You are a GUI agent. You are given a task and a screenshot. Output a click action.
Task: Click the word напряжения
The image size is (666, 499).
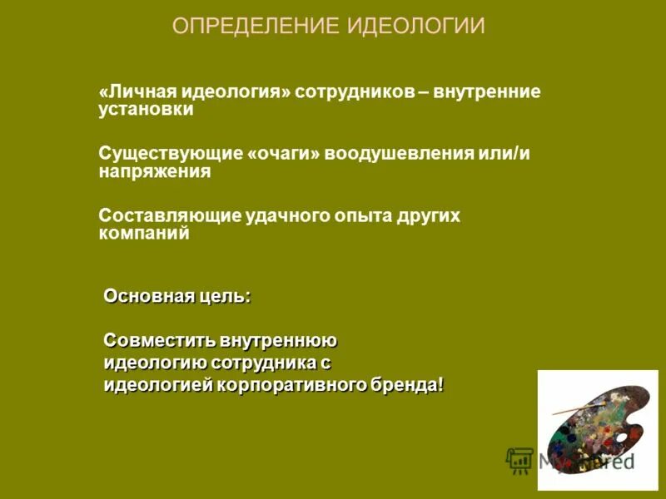point(155,172)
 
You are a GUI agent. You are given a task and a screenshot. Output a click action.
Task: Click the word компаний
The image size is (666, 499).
point(144,234)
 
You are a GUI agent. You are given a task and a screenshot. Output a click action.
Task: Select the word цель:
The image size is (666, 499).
point(224,296)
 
